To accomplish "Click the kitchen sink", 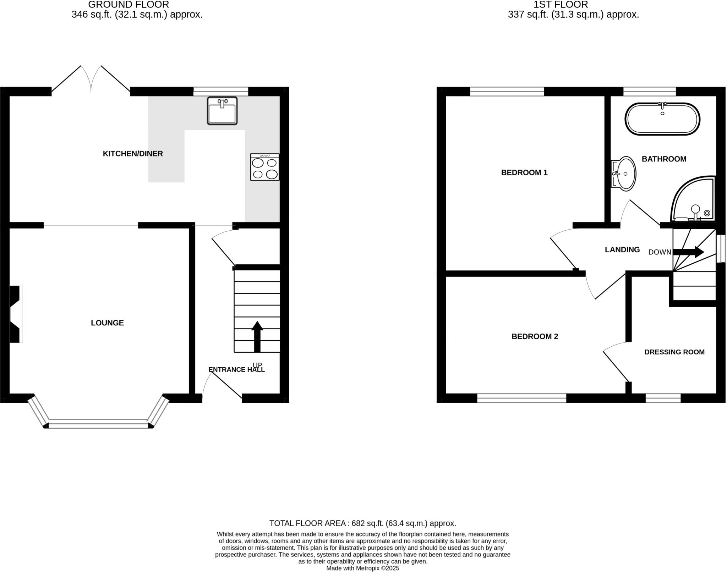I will [x=222, y=111].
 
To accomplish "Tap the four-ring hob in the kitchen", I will [x=265, y=167].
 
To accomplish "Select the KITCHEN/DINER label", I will [x=133, y=154].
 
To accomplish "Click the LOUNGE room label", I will [x=107, y=323].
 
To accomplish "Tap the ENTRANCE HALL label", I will [x=236, y=369].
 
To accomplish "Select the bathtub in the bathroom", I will [x=662, y=119].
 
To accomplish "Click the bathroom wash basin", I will [x=624, y=174].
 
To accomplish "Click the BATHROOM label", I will [x=664, y=159].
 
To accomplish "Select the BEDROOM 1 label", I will [x=524, y=173].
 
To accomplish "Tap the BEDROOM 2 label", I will [x=535, y=336].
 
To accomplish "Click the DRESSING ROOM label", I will [x=674, y=352].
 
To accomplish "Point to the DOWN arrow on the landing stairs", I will [x=688, y=252].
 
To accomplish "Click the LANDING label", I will [x=622, y=250].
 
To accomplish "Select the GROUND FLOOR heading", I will [x=129, y=5].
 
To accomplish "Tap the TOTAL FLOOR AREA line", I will [x=362, y=523].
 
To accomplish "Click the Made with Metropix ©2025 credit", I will [x=363, y=568].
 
